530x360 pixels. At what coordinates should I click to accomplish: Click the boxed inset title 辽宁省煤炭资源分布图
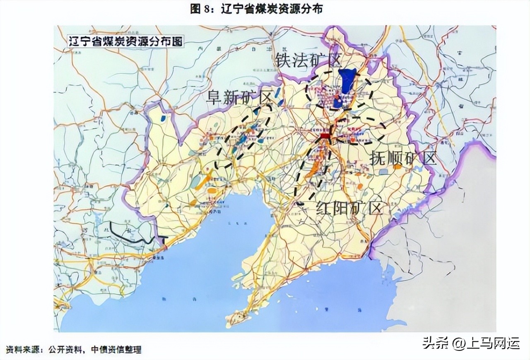click(125, 41)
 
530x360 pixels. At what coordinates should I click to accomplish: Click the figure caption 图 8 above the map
click(256, 9)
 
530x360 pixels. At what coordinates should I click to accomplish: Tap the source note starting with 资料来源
click(74, 350)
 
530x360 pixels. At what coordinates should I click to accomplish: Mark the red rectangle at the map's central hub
click(325, 136)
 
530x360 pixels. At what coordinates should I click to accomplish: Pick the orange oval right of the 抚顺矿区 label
click(397, 167)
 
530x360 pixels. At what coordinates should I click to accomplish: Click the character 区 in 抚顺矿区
click(428, 158)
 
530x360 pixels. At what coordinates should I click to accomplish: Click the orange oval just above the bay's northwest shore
click(212, 191)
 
